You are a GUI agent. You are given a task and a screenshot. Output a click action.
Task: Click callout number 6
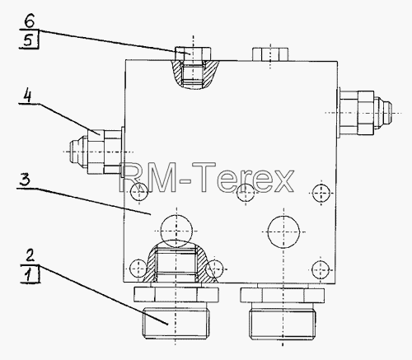(30, 21)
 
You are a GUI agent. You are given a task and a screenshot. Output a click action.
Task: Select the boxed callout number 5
(30, 40)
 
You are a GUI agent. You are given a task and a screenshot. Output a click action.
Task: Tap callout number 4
(27, 95)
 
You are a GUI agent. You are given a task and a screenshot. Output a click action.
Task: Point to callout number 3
(25, 180)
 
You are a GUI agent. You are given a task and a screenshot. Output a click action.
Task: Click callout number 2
(30, 255)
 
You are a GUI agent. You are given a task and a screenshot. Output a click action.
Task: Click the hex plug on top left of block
(193, 54)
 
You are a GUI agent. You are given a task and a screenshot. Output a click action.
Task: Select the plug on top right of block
(270, 54)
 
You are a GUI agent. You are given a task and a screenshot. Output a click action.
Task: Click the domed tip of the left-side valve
(78, 152)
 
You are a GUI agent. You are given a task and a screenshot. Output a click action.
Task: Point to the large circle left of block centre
(176, 231)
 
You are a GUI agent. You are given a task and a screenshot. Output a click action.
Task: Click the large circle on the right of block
(283, 231)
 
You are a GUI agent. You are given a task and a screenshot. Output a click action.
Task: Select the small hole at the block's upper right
(321, 194)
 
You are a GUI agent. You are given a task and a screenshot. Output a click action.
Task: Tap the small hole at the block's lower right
(321, 269)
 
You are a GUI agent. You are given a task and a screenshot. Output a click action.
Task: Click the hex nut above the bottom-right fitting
(283, 295)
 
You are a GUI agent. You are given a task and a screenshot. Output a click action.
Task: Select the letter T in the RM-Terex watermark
(204, 177)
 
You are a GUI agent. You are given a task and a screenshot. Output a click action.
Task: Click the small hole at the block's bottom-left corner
(138, 269)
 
